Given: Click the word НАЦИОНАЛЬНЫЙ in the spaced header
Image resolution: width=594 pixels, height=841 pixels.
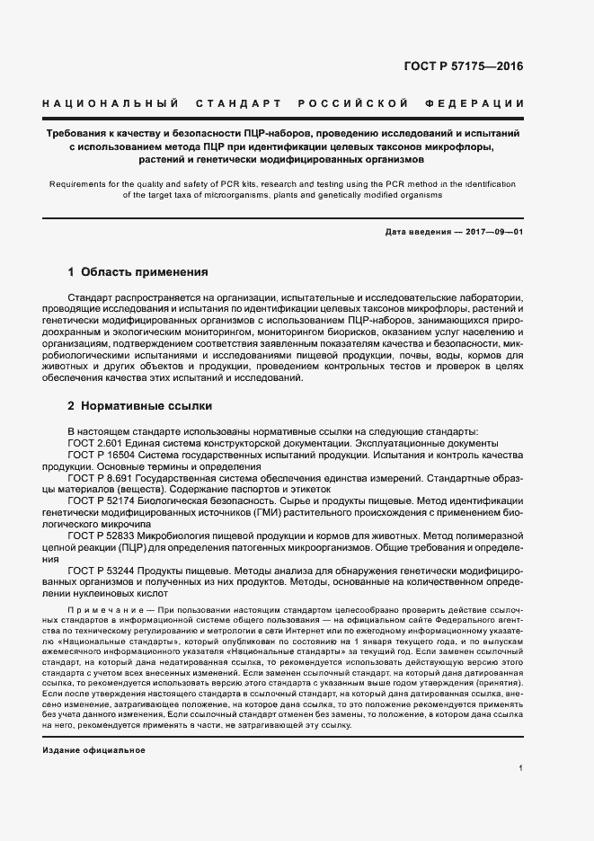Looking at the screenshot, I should [x=110, y=104].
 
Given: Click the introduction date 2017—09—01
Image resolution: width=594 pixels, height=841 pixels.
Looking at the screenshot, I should [x=494, y=232].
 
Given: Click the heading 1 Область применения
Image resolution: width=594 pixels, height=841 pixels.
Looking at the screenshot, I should [x=137, y=271].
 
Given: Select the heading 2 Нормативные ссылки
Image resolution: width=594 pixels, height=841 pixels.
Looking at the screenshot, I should [x=139, y=405].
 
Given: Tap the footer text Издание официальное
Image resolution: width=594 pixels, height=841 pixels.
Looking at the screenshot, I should [x=93, y=750].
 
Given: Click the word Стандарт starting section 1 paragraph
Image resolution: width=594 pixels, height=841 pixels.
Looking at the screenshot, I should [x=93, y=296].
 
